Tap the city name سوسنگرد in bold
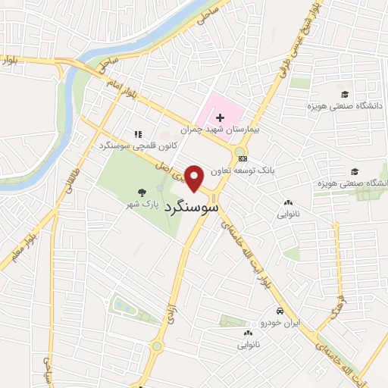[196, 205]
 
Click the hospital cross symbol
[220, 117]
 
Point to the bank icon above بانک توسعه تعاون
[242, 158]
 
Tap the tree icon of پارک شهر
[140, 192]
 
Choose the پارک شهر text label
[142, 205]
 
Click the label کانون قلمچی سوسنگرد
[127, 144]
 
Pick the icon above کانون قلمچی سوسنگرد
[137, 133]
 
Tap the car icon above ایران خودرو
[280, 311]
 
